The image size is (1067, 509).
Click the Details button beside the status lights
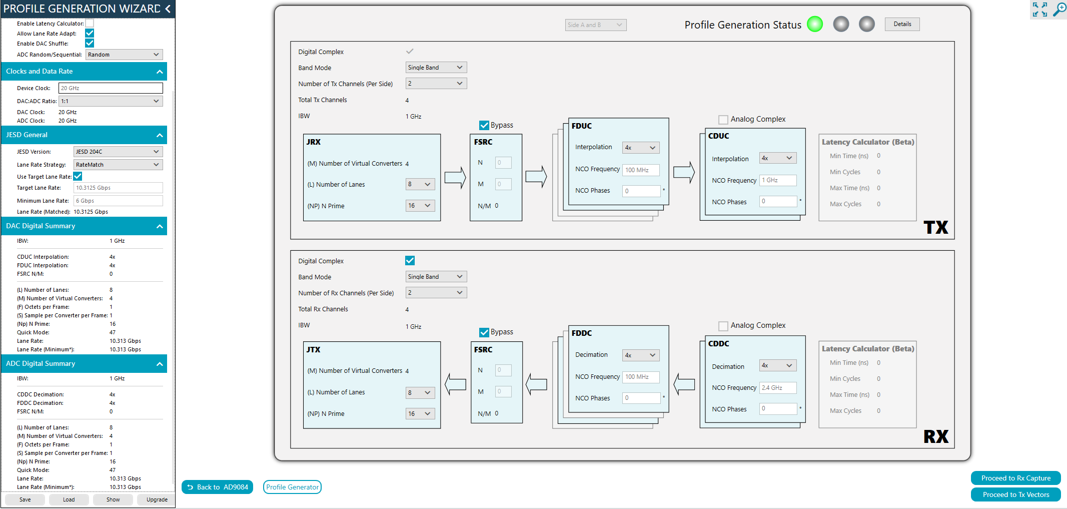(902, 24)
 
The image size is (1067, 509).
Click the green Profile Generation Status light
(815, 24)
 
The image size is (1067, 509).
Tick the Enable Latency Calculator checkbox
(90, 23)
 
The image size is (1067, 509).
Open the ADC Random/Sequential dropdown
(124, 55)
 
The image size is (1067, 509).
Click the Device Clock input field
(111, 88)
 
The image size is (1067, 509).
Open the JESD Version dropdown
(118, 152)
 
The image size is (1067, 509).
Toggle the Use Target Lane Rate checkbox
(78, 176)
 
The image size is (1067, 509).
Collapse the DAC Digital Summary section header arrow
(160, 226)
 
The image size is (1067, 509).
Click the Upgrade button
(157, 499)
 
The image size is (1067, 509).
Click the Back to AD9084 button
(217, 487)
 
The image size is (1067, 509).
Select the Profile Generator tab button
(292, 487)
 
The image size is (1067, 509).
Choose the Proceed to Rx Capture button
(1015, 478)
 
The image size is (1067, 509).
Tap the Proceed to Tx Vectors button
(1015, 494)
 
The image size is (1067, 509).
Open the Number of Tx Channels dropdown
(436, 84)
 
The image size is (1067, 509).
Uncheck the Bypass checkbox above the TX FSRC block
(484, 125)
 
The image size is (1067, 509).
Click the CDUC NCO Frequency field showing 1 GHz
(778, 180)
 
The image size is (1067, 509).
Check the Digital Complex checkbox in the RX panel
(410, 261)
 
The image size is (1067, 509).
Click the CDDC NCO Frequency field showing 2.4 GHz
(778, 388)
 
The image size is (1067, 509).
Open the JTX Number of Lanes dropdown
(420, 393)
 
